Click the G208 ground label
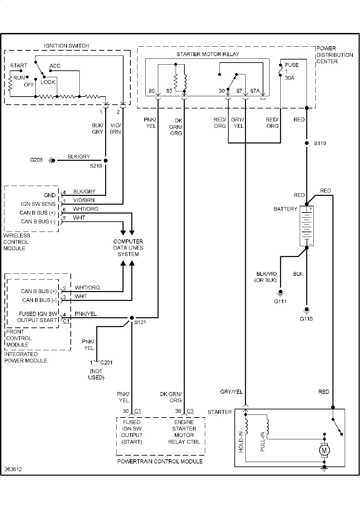[x=36, y=160]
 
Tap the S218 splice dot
[x=105, y=160]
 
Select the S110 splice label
[x=320, y=143]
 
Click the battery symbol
[x=307, y=226]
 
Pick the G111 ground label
[x=280, y=301]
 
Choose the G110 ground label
[x=306, y=319]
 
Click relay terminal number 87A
[x=255, y=91]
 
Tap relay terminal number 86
[x=152, y=91]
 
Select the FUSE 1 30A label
[x=292, y=71]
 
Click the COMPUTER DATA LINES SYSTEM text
[x=128, y=248]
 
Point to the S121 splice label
[x=140, y=322]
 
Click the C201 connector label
[x=107, y=362]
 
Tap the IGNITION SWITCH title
[x=66, y=46]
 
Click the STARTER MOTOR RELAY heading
[x=208, y=54]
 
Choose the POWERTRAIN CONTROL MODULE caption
[x=160, y=461]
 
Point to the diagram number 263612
[x=13, y=469]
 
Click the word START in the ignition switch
[x=19, y=66]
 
